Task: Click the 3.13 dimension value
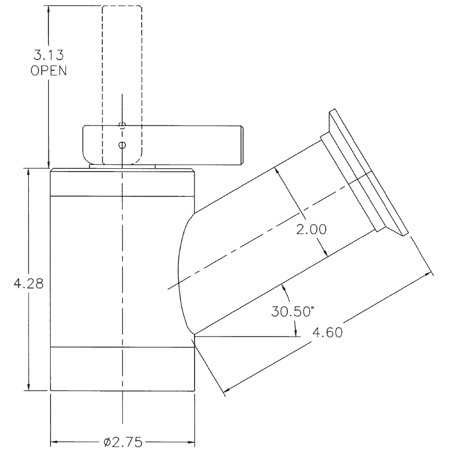pos(48,56)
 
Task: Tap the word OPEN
pos(48,71)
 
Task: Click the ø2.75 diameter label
pos(123,441)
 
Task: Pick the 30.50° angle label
pos(291,311)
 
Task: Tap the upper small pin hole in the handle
pos(121,125)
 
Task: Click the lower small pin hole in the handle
pos(121,145)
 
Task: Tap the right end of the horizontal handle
pos(240,145)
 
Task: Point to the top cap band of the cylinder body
pos(123,182)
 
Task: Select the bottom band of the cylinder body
pos(123,369)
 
